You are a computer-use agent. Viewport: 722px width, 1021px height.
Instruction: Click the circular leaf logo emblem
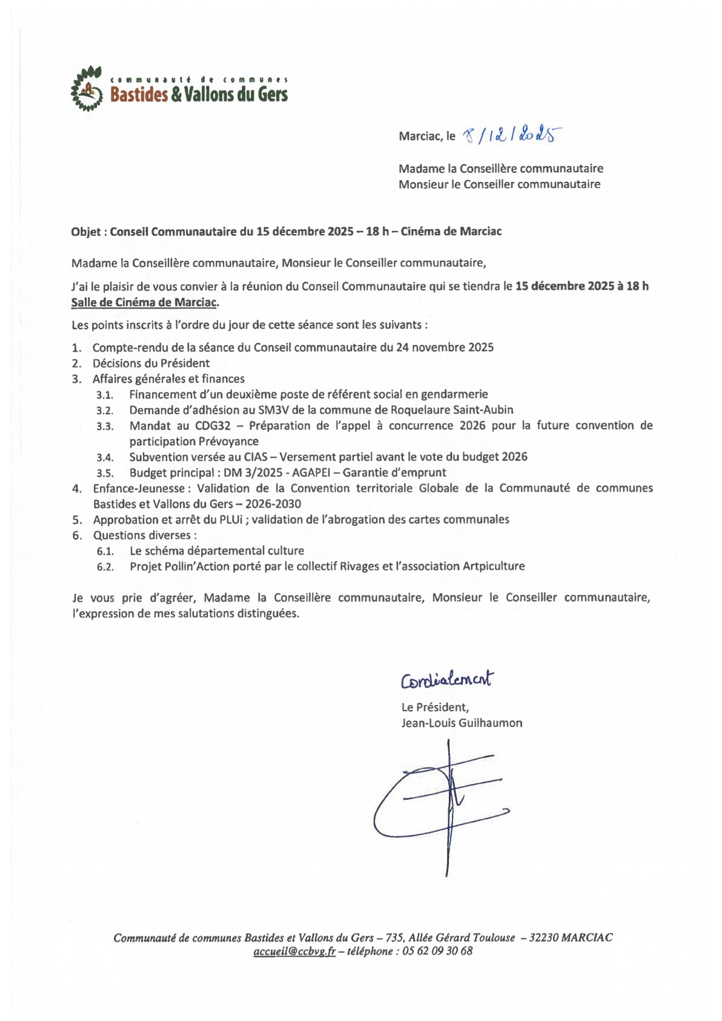86,89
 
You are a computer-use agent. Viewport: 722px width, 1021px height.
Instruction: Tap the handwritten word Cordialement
447,680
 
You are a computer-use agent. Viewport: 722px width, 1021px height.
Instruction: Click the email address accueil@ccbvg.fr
294,951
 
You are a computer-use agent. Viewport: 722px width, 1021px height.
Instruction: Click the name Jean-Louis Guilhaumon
462,723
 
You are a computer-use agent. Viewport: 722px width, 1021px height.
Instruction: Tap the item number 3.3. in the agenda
105,426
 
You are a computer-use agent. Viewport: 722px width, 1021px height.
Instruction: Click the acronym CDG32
213,426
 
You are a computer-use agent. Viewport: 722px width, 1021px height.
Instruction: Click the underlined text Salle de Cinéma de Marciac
144,302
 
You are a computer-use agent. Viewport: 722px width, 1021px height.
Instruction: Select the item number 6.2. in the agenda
105,567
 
